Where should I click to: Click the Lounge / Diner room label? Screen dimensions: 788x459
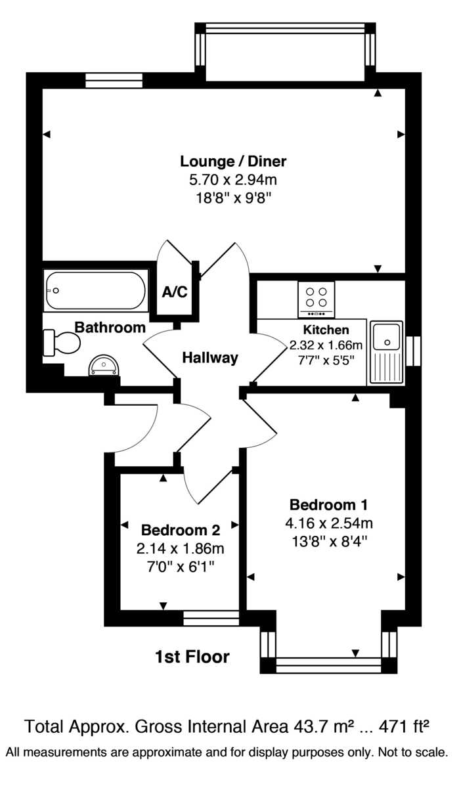(x=233, y=161)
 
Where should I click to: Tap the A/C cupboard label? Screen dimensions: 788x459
(x=175, y=292)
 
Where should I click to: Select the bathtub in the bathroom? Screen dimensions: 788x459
(x=95, y=290)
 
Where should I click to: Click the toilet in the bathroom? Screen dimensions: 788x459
(x=62, y=342)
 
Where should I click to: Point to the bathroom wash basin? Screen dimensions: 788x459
(x=104, y=364)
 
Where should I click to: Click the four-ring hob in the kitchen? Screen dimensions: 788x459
(x=317, y=297)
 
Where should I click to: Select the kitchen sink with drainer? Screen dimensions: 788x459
(x=387, y=351)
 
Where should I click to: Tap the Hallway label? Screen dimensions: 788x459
(x=209, y=358)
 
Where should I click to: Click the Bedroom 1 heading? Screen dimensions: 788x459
(x=328, y=505)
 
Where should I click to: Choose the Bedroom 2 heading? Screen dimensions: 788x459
(x=180, y=529)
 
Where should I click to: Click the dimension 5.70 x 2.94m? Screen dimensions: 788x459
(x=233, y=180)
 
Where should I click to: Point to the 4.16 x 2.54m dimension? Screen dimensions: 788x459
(x=328, y=524)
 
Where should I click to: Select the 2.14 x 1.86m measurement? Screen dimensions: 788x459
(x=180, y=548)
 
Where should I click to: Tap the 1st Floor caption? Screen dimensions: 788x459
(x=192, y=656)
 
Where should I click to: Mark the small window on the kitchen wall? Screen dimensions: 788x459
(x=413, y=351)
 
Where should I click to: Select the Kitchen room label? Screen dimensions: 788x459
(x=326, y=330)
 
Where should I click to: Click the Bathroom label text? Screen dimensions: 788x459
(x=110, y=327)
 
